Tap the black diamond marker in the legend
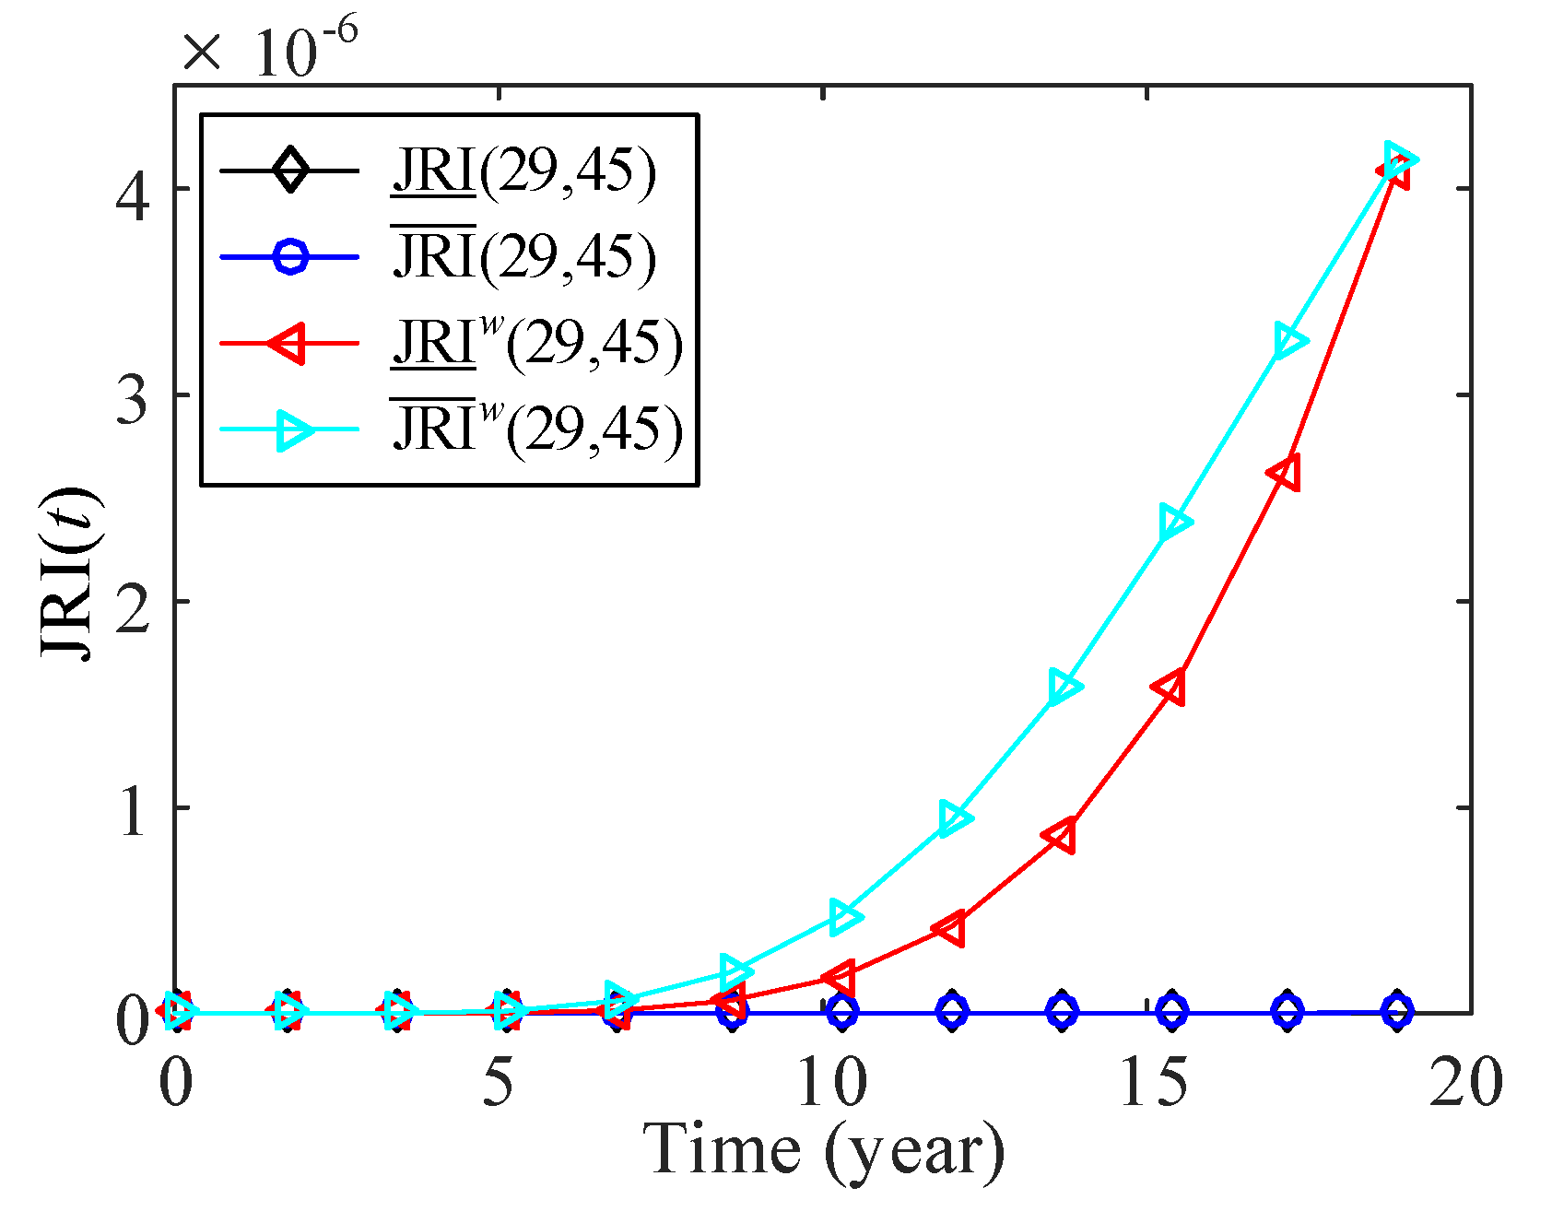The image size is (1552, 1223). pyautogui.click(x=290, y=171)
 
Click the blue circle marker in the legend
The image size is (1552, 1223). pyautogui.click(x=290, y=256)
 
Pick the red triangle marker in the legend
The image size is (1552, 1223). pyautogui.click(x=288, y=343)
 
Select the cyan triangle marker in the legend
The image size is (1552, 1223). pyautogui.click(x=293, y=429)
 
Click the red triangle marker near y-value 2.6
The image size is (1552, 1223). pyautogui.click(x=1284, y=473)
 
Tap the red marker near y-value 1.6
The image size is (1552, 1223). pyautogui.click(x=1170, y=688)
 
